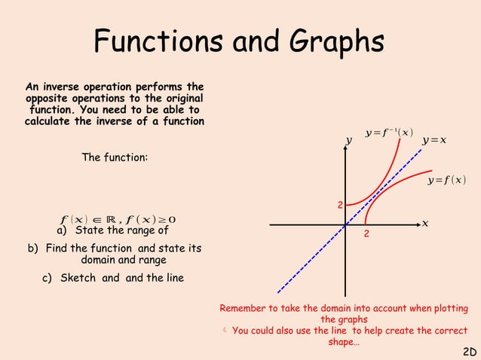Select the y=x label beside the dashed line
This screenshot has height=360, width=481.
coord(434,140)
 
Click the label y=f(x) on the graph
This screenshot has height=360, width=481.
coord(446,180)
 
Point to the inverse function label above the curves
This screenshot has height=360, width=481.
coord(388,133)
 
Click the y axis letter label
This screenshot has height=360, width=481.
coord(348,141)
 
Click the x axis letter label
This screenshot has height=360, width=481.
coord(425,224)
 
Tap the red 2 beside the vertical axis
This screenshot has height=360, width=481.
coord(340,206)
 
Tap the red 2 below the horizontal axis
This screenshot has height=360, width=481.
coord(366,236)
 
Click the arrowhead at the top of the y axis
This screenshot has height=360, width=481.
coord(345,148)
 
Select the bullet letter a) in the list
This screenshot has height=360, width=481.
coord(63,230)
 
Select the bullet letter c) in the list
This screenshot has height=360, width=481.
coord(47,278)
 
